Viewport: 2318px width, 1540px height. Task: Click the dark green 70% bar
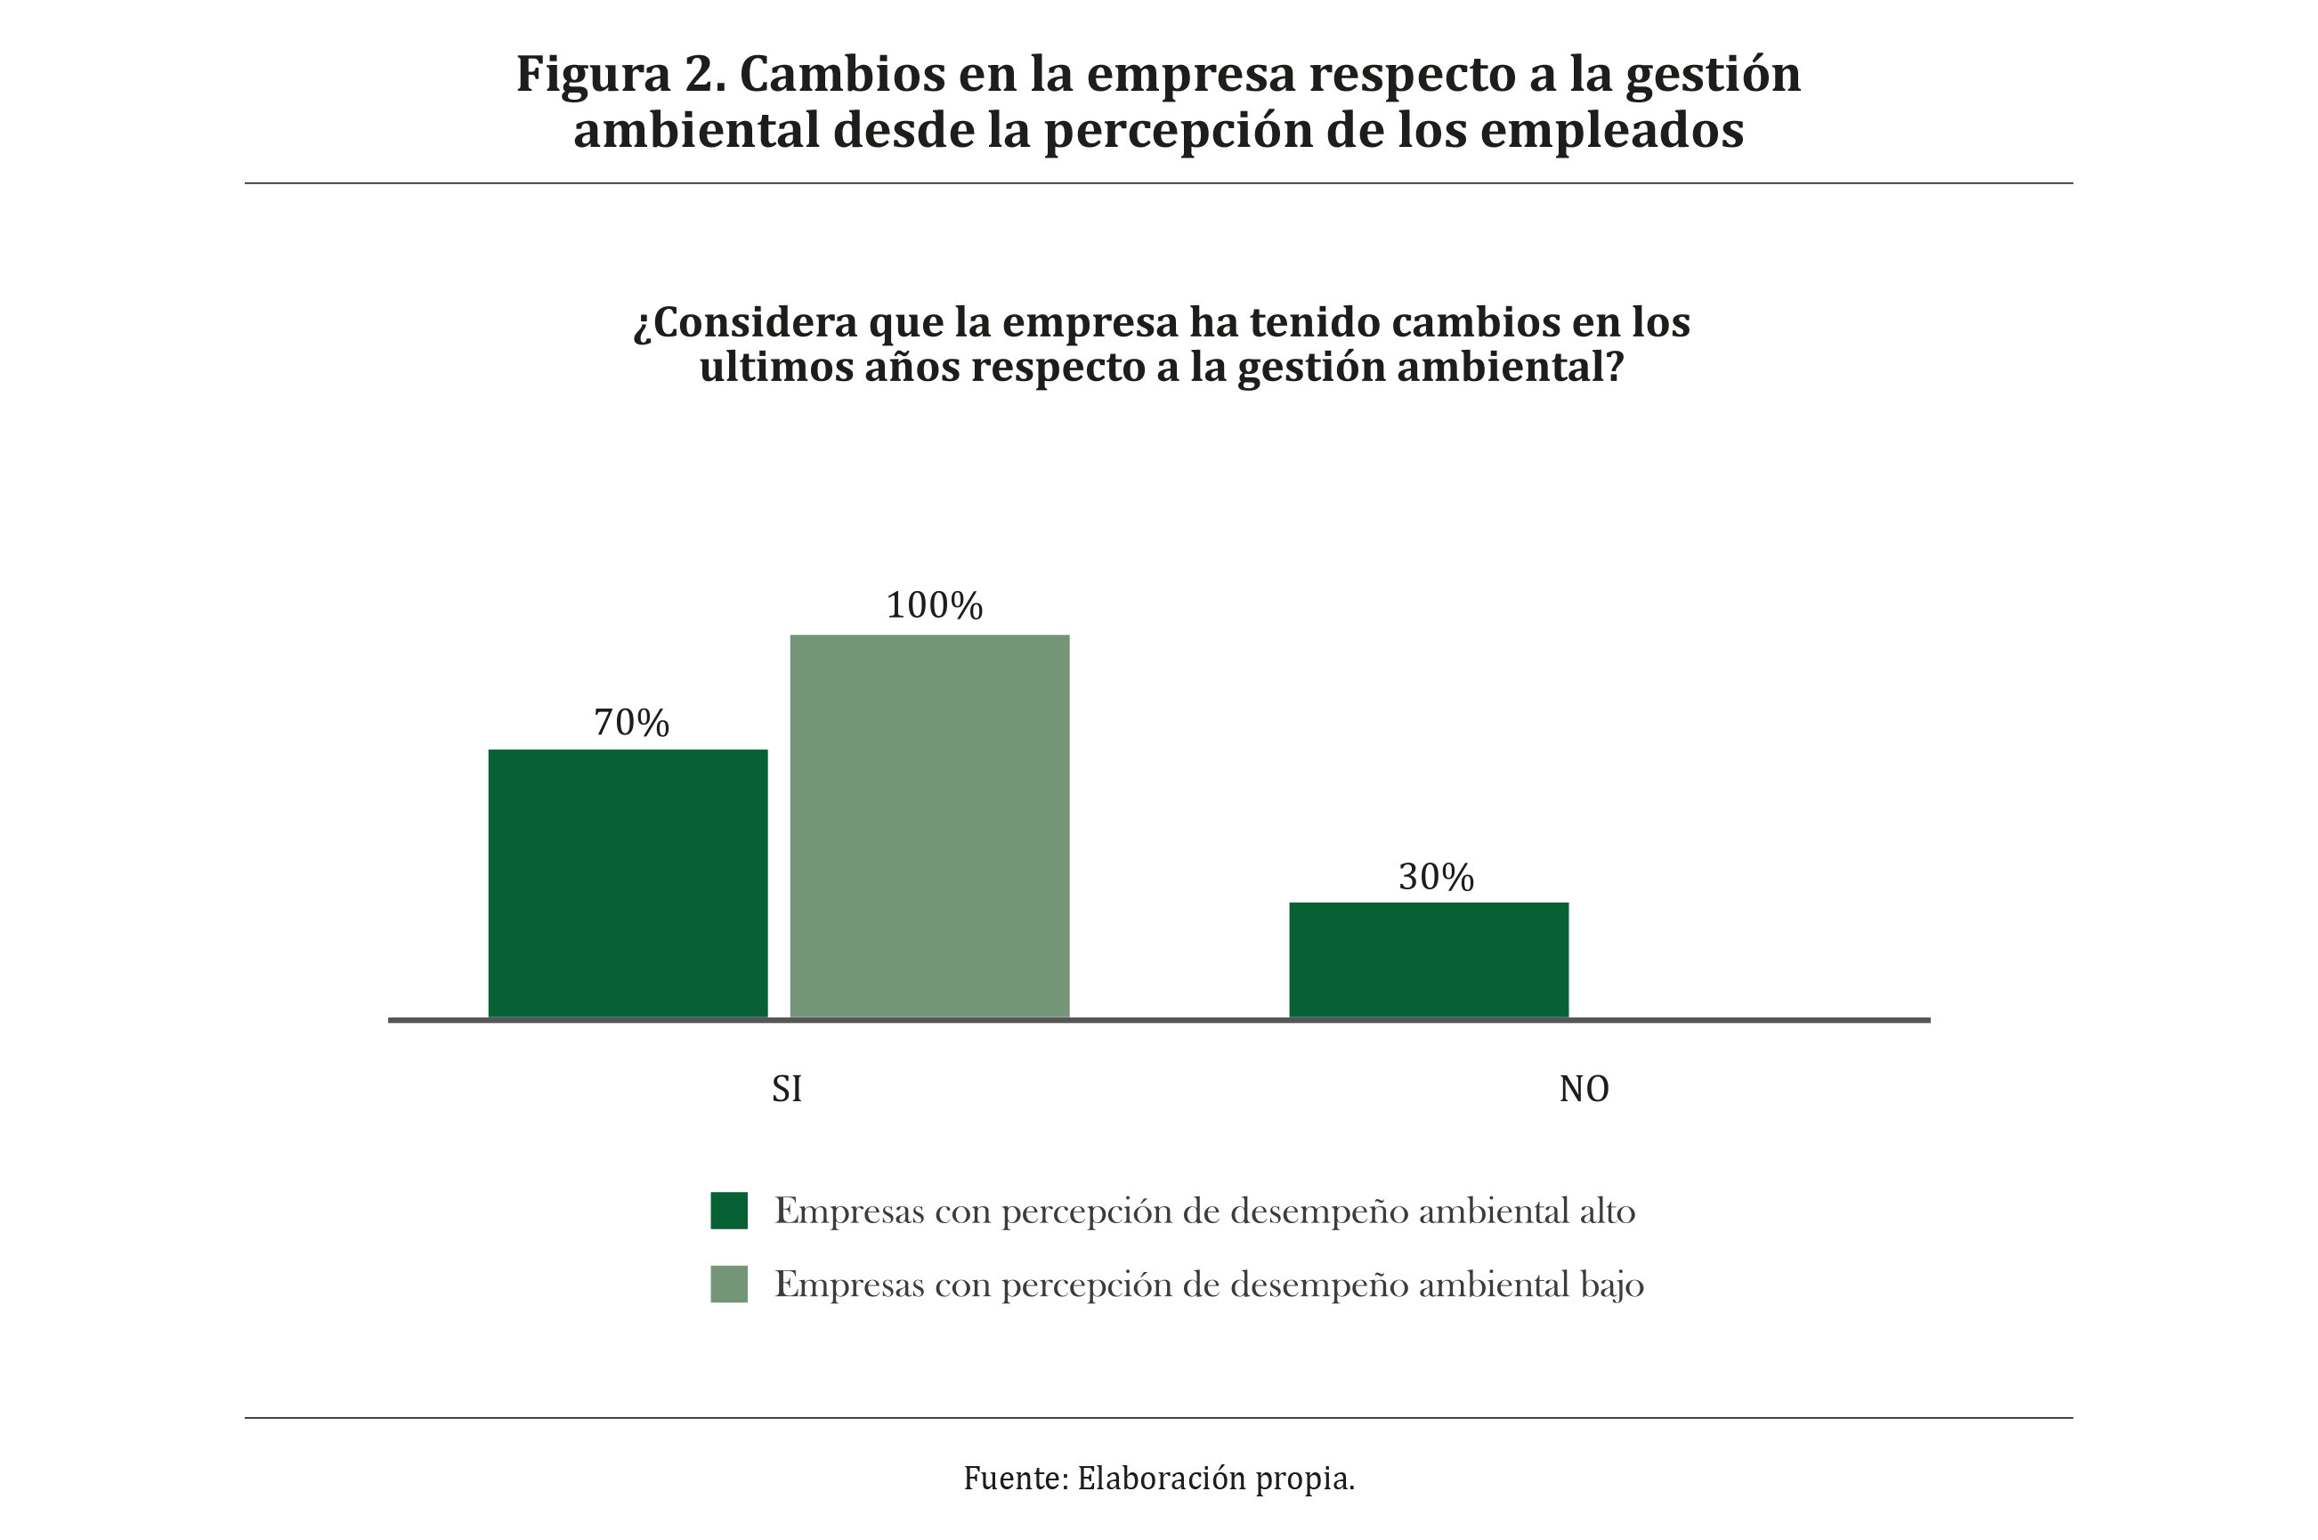click(628, 883)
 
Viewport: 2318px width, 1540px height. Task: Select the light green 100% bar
click(929, 826)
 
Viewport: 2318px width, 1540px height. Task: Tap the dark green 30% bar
click(1428, 960)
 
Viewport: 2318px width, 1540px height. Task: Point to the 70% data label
click(631, 723)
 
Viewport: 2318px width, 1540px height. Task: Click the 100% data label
click(934, 606)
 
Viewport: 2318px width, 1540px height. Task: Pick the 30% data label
click(1436, 877)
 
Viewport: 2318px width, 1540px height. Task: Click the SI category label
click(787, 1090)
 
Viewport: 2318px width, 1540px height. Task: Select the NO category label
click(1584, 1090)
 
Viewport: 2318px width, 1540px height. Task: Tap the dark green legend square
click(729, 1210)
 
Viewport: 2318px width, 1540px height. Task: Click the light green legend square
click(729, 1284)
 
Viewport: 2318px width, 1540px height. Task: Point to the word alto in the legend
click(1607, 1211)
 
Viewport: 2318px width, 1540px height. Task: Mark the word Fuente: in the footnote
click(1016, 1478)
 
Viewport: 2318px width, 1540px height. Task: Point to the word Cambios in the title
click(842, 75)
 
